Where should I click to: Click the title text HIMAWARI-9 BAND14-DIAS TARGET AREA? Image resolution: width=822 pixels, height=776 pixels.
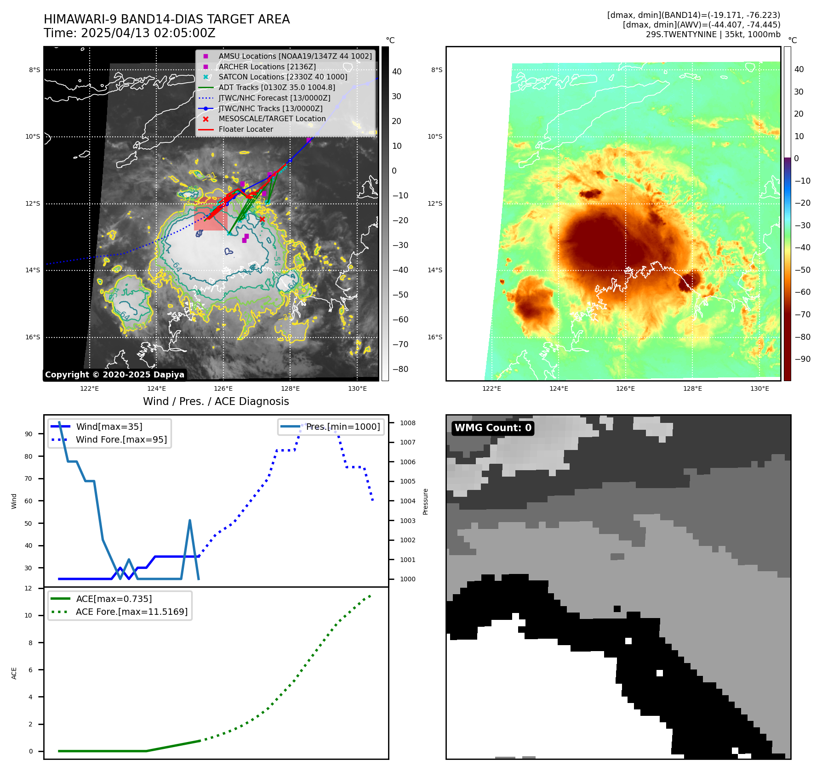[x=166, y=19]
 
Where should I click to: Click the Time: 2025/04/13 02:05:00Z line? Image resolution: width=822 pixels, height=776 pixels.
[x=129, y=33]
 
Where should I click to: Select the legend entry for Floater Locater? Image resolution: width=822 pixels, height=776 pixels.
[x=245, y=129]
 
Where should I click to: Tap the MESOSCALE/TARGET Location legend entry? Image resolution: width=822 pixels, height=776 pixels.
[x=272, y=119]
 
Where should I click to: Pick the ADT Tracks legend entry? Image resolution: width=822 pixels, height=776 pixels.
[x=276, y=87]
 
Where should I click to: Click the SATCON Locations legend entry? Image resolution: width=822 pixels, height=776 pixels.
[x=282, y=77]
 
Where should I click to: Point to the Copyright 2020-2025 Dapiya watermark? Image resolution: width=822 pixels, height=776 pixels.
[x=114, y=375]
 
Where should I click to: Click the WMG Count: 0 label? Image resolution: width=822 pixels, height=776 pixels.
[x=493, y=428]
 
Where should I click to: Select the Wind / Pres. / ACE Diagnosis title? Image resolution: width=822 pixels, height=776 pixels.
[x=216, y=401]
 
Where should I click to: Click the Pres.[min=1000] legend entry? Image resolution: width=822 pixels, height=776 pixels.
[x=342, y=427]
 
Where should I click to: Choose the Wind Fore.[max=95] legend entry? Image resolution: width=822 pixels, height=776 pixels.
[x=121, y=439]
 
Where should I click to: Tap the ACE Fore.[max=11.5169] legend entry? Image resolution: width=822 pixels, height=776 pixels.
[x=131, y=612]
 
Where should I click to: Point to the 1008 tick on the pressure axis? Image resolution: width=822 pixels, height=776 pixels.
[x=407, y=423]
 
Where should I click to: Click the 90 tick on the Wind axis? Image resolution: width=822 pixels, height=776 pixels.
[x=29, y=434]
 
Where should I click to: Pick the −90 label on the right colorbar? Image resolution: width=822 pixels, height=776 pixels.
[x=802, y=359]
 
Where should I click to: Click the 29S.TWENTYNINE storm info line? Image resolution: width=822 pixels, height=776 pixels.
[x=713, y=34]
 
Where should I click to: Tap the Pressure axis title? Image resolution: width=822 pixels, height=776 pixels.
[x=425, y=501]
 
